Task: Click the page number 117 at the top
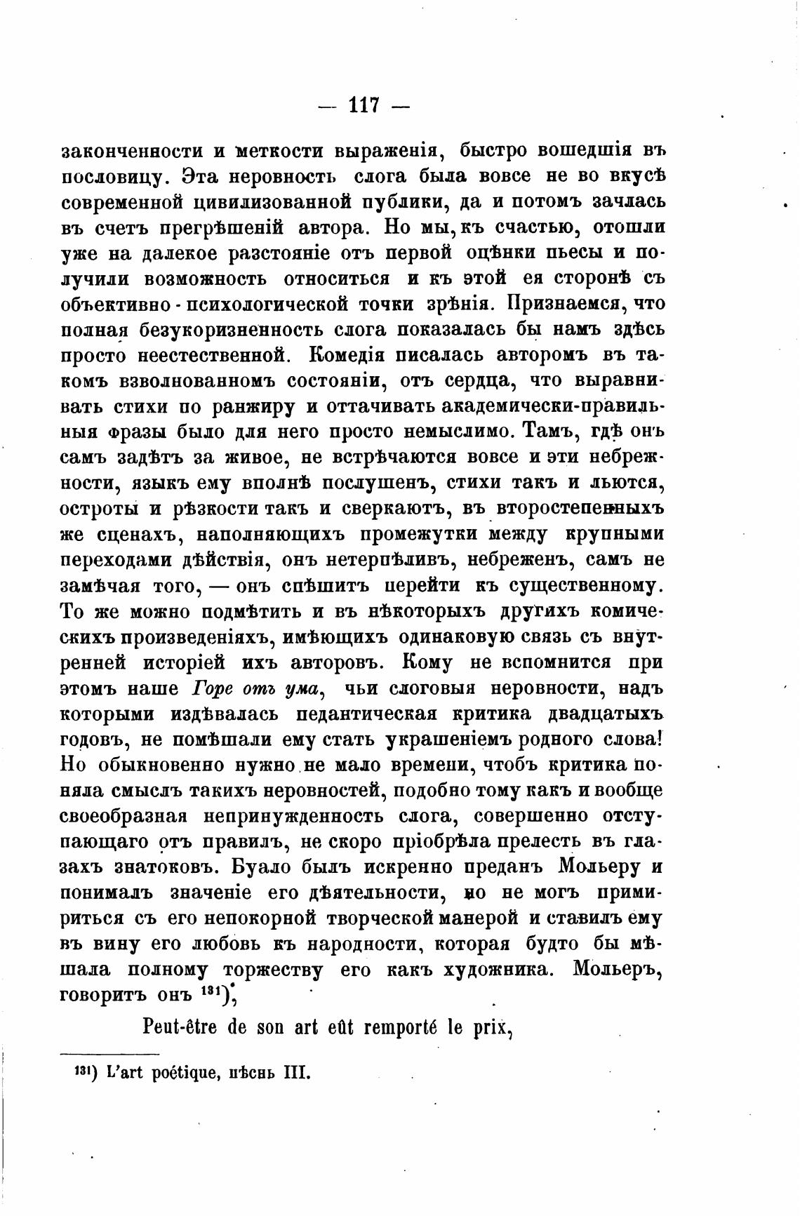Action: pyautogui.click(x=364, y=106)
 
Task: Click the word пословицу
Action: pyautogui.click(x=114, y=176)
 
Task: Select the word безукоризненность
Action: pyautogui.click(x=248, y=329)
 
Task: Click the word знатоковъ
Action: pyautogui.click(x=156, y=867)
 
